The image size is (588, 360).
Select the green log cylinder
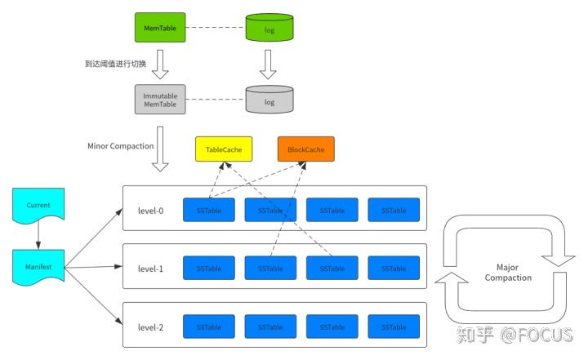click(269, 29)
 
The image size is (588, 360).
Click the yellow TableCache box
click(223, 150)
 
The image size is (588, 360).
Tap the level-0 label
click(150, 210)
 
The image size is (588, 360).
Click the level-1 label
click(150, 268)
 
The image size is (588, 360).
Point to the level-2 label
click(150, 327)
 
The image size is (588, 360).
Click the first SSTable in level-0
click(208, 210)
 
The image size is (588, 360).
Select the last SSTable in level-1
click(394, 268)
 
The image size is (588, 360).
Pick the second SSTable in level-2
click(270, 327)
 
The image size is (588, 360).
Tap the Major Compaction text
click(508, 272)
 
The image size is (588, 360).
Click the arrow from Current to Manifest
click(38, 238)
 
